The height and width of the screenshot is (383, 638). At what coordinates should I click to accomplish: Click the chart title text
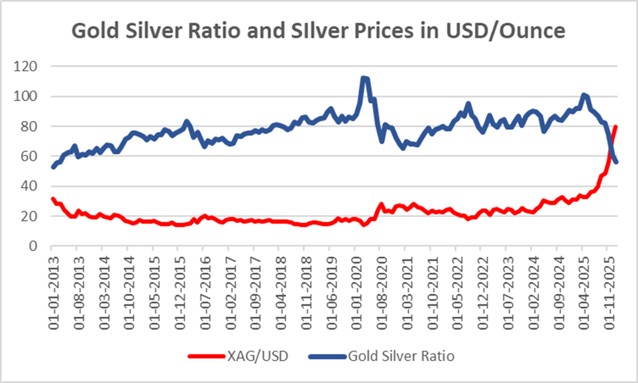[319, 30]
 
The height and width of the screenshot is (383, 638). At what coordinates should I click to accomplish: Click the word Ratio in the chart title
[221, 30]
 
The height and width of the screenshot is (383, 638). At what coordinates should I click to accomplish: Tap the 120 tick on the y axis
[28, 67]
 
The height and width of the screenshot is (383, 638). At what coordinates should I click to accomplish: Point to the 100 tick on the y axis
[28, 97]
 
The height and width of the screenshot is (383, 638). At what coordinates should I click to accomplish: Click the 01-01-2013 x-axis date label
[52, 282]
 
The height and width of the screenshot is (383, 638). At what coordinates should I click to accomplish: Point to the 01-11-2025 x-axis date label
[608, 282]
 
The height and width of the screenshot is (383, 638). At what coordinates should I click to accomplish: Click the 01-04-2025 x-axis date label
[582, 282]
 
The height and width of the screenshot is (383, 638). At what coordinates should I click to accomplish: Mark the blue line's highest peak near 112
[364, 77]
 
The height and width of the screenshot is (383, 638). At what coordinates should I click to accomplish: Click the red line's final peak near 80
[616, 126]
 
